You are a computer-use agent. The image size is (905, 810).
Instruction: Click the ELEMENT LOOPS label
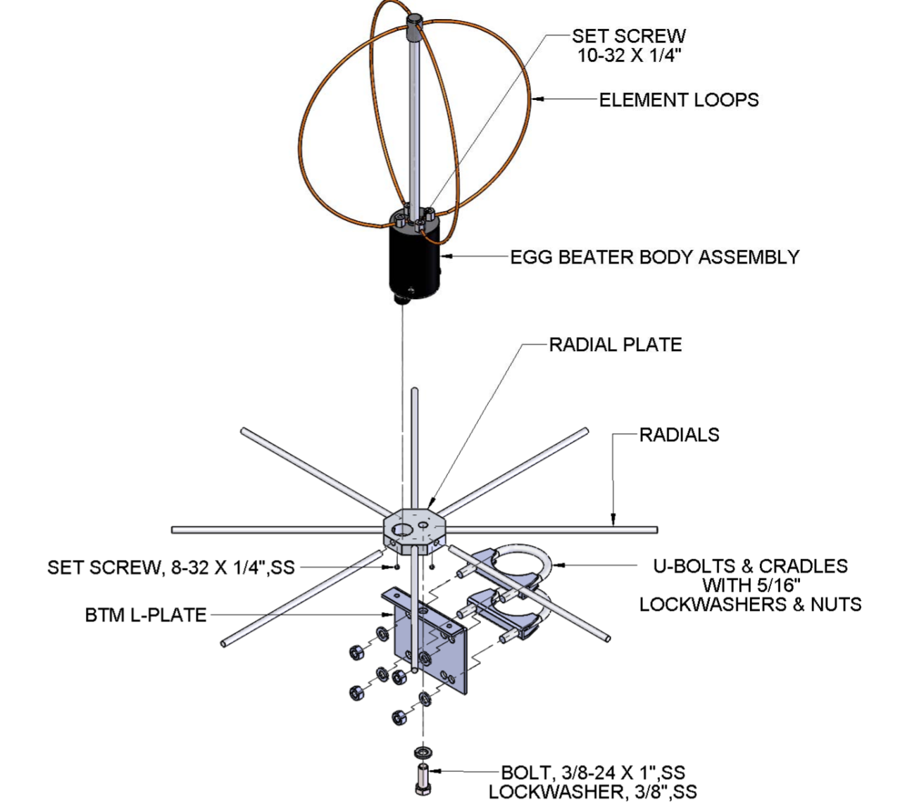click(678, 100)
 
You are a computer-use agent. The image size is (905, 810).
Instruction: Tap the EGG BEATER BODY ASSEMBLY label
click(654, 257)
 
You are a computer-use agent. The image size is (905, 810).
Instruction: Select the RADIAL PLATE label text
click(615, 345)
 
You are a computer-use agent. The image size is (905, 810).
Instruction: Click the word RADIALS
click(679, 435)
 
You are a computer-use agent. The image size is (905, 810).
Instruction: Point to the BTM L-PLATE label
click(146, 615)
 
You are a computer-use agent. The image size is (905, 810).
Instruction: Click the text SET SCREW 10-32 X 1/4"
click(628, 46)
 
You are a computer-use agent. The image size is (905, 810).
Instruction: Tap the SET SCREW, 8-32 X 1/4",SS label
click(170, 567)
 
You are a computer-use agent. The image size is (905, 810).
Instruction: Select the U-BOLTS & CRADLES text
click(750, 566)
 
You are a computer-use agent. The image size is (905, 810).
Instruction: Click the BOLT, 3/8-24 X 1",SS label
click(593, 772)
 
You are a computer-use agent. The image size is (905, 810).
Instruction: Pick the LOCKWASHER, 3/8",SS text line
click(593, 792)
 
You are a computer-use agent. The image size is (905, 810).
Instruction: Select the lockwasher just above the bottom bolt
click(423, 752)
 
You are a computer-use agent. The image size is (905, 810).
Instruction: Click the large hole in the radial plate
click(404, 529)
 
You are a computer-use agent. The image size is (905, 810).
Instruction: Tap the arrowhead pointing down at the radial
click(613, 521)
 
